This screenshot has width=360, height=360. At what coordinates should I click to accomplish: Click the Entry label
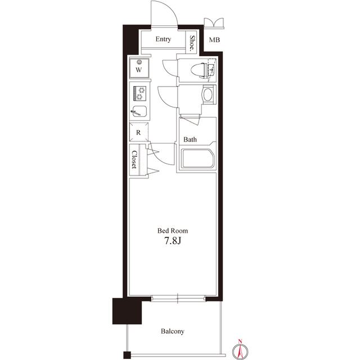tap(163, 39)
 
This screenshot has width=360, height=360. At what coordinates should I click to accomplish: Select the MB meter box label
tap(214, 40)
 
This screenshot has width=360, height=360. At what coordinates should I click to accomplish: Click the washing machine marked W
tap(139, 69)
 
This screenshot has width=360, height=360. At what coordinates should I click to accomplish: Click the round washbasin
tap(207, 94)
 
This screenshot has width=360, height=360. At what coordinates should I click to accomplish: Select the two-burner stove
tap(139, 92)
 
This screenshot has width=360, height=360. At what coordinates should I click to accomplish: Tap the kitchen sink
tap(140, 111)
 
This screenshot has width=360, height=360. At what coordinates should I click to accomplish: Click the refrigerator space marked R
tap(138, 132)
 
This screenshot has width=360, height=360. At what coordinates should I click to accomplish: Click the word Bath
tap(190, 139)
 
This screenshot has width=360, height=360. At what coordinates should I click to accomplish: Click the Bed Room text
tap(173, 231)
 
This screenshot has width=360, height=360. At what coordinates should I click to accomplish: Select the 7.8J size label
tap(172, 242)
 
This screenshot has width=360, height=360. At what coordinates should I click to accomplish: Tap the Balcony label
tap(173, 331)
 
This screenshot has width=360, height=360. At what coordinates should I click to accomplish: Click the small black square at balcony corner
tap(127, 355)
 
